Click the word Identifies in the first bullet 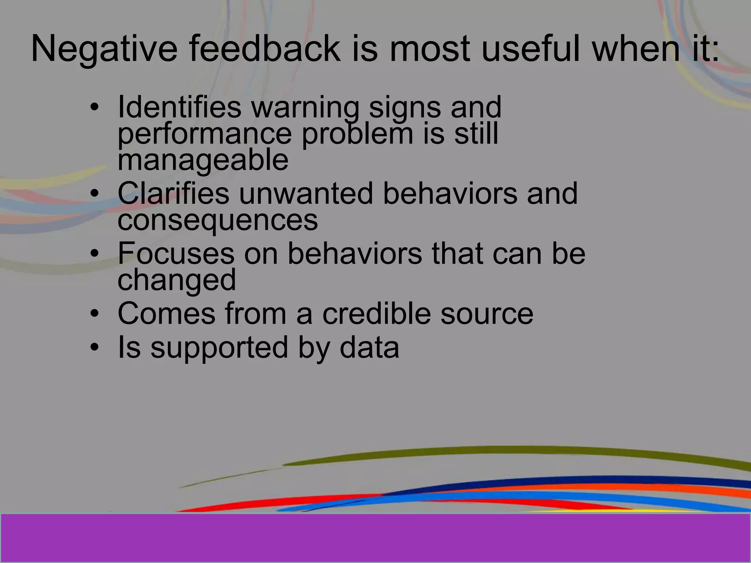tap(179, 107)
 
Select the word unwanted tap(306, 194)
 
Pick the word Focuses tap(176, 253)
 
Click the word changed tap(177, 280)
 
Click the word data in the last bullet tap(369, 347)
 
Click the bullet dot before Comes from tap(95, 314)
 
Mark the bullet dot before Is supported tap(95, 347)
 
